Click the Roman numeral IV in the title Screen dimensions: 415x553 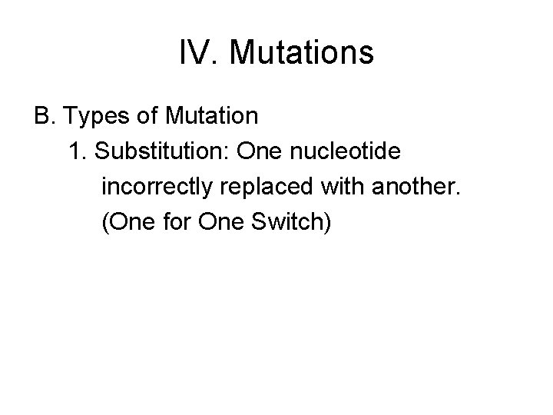194,53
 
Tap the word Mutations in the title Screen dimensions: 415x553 301,53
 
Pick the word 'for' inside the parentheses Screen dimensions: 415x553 176,222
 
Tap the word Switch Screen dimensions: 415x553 290,222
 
